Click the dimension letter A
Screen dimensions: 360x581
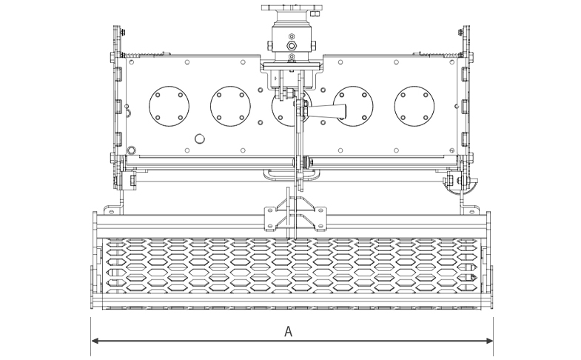289,332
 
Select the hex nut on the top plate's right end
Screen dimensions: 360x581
315,13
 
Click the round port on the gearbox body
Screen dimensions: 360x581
291,46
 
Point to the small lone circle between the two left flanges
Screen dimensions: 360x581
198,139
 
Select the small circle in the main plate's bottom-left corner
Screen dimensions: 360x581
131,148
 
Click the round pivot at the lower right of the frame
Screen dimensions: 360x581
451,180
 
